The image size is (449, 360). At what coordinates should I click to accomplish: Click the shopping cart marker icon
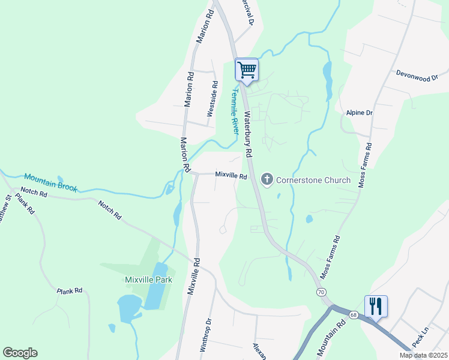tap(247, 70)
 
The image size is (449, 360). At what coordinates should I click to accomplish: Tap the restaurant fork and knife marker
tap(376, 306)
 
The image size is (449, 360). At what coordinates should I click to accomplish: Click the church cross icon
tap(267, 179)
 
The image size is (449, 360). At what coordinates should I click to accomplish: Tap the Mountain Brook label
tap(51, 182)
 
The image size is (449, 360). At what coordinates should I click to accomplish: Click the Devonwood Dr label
tap(417, 74)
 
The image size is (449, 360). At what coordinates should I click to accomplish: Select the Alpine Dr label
tap(360, 112)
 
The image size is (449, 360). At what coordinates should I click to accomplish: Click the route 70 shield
tap(322, 292)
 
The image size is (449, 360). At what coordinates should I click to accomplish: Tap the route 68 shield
tap(353, 314)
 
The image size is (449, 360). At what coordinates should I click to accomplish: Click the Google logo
tap(20, 353)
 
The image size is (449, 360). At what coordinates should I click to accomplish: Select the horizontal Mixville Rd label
tap(231, 176)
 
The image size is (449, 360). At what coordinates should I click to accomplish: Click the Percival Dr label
tap(247, 12)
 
